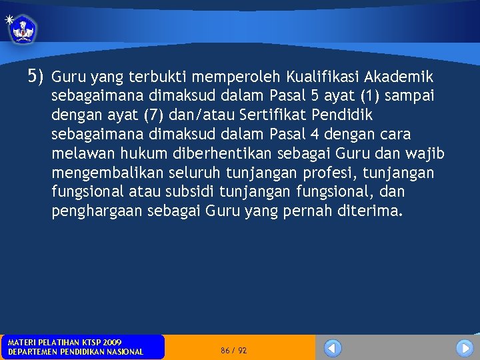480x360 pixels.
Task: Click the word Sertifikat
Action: coord(257,115)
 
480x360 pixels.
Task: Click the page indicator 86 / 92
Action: coord(233,350)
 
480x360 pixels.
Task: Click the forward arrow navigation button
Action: coord(465,348)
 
